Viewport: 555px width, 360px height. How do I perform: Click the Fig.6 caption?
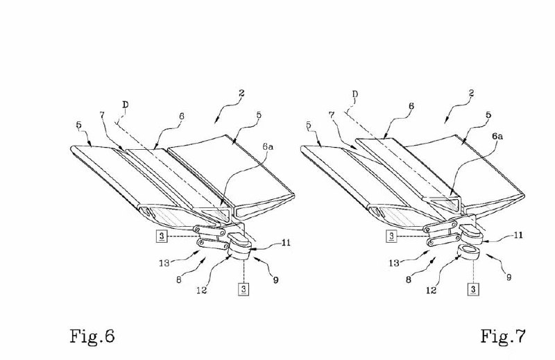coord(92,336)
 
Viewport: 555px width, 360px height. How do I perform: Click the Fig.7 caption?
coord(503,336)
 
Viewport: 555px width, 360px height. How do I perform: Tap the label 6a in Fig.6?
coord(268,146)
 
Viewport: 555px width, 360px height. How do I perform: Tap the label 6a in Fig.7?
coord(497,136)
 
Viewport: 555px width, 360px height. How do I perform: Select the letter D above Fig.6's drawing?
coord(126,105)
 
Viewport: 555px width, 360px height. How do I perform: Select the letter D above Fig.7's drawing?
coord(355,94)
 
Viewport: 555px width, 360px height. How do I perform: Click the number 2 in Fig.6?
coord(241,93)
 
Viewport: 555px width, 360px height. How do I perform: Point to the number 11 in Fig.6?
coord(286,243)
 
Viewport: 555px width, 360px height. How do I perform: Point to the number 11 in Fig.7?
coord(518,235)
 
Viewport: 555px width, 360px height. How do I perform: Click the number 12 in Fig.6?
coord(201,290)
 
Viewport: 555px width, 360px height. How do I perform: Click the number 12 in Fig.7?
coord(431,290)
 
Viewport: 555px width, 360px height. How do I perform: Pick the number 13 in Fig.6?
coord(164,263)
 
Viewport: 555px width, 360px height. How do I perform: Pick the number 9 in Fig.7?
coord(509,277)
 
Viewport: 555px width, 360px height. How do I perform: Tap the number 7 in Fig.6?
coord(102,115)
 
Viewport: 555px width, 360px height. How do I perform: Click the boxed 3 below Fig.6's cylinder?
coord(244,289)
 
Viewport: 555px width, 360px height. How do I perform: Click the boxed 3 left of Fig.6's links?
coord(162,236)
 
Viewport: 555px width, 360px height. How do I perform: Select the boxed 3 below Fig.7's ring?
coord(473,289)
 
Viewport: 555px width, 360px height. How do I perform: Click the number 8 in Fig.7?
coord(409,280)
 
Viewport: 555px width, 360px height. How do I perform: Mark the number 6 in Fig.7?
coord(411,106)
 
